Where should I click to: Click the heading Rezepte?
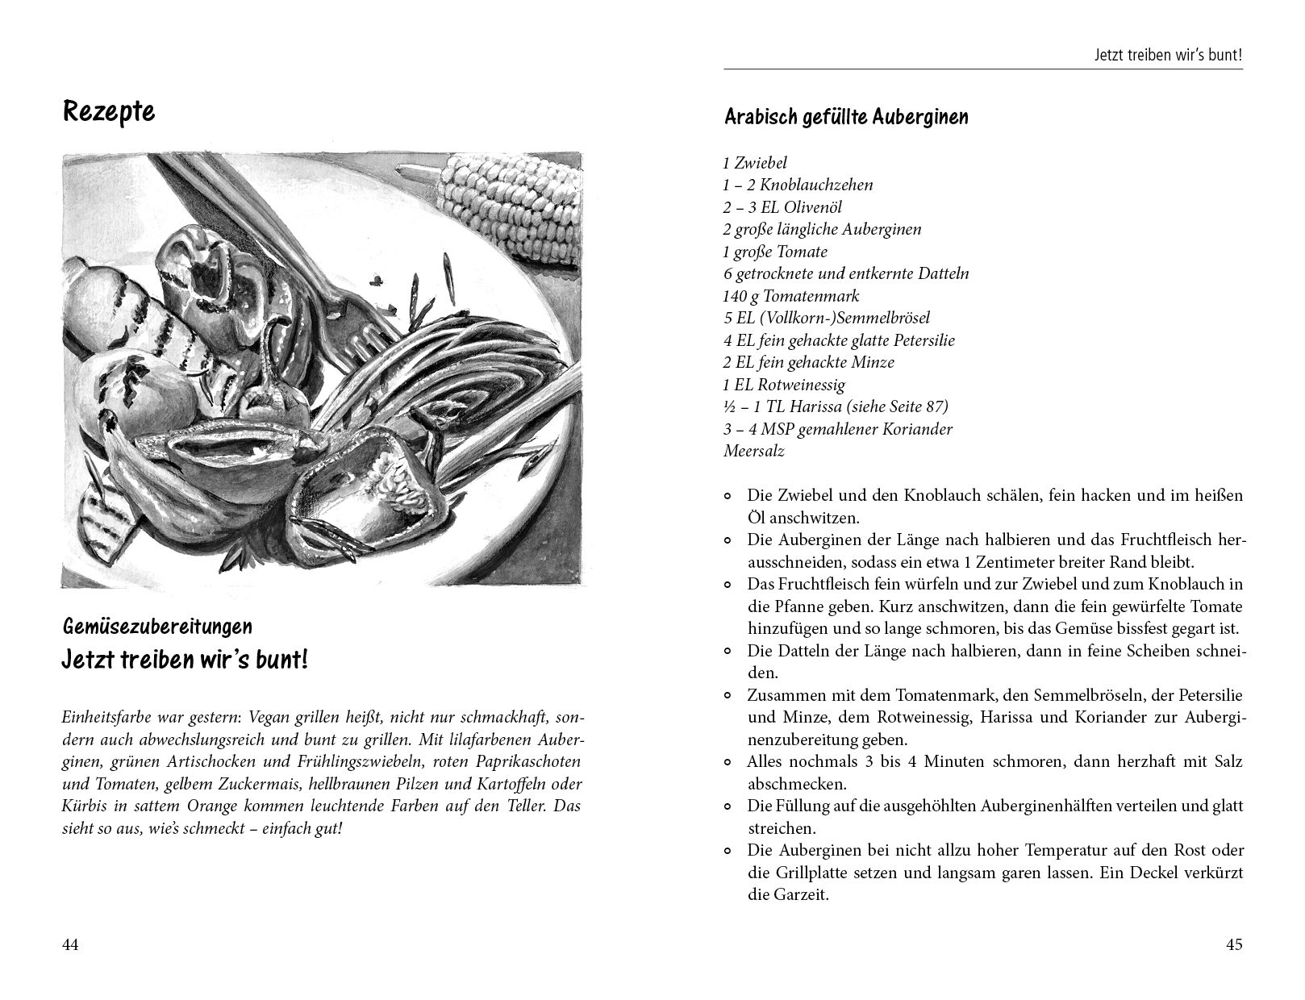pos(109,111)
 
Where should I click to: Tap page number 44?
pos(71,945)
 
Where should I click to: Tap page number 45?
pos(1234,945)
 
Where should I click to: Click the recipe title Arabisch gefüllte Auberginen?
pos(846,117)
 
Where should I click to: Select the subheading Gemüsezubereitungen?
pos(157,627)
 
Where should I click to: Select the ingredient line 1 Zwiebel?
pos(755,163)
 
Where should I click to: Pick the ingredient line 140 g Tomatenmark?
pos(791,296)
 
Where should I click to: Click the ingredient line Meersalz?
pos(753,451)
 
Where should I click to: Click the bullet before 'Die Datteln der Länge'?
pos(728,651)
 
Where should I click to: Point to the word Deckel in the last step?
pos(1155,873)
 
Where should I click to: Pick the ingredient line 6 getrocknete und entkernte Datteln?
pos(846,273)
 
